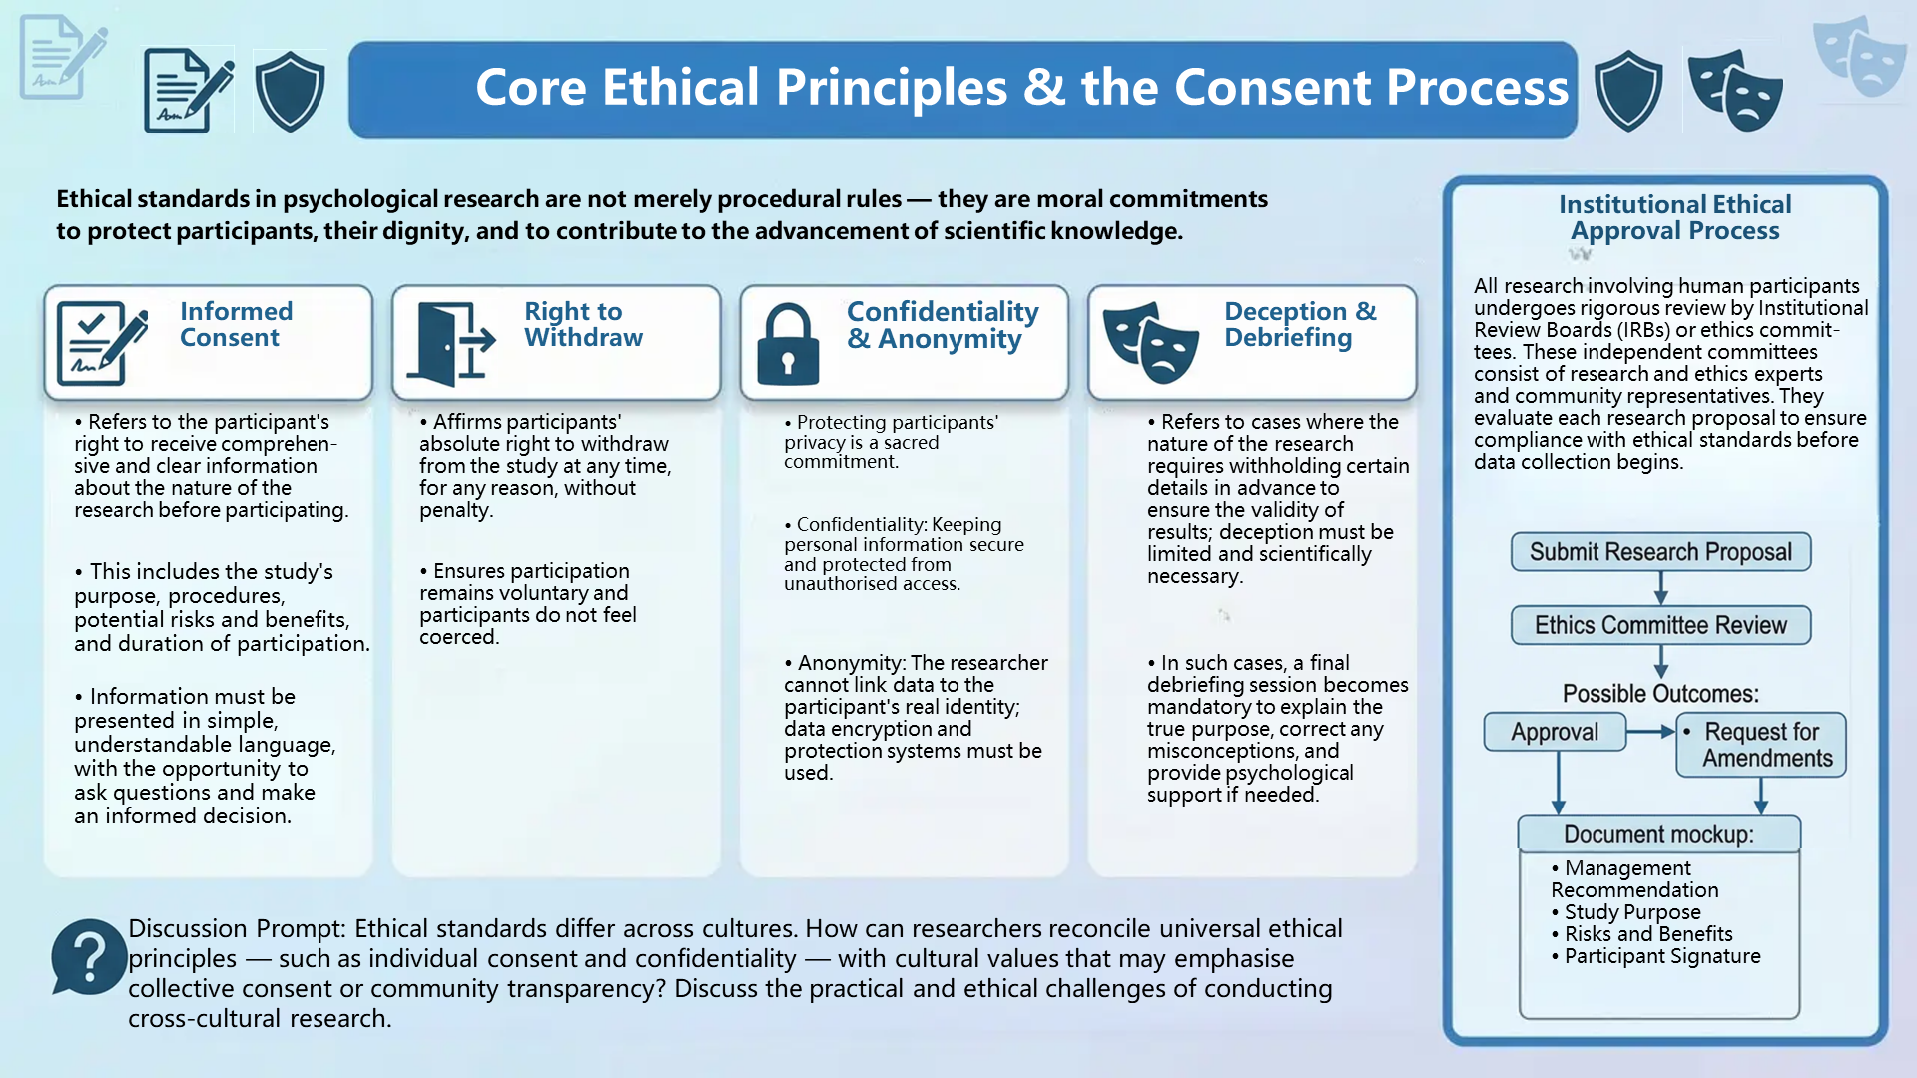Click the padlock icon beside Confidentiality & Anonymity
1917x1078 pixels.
pos(788,344)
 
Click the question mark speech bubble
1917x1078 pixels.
pos(89,957)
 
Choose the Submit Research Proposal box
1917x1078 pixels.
pos(1660,552)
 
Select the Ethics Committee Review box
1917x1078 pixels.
pos(1660,625)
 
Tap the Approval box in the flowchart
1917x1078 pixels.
pos(1555,732)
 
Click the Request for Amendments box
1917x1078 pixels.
pos(1761,745)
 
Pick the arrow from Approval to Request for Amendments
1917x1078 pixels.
pos(1650,732)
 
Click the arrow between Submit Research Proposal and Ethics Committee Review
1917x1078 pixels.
pos(1661,588)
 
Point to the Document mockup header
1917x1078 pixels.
pos(1659,834)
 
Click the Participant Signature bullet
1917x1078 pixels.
pos(1656,956)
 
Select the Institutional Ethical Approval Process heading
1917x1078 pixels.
pos(1675,217)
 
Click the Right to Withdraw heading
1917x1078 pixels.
pos(584,324)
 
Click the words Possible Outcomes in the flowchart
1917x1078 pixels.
pos(1660,694)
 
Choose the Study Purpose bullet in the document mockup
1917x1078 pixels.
pos(1626,912)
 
